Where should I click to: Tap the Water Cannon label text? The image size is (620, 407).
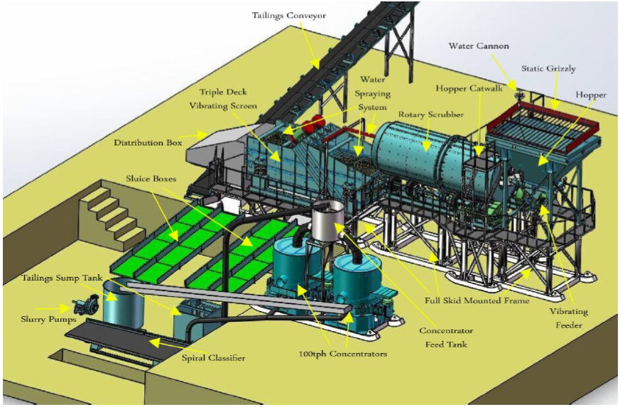click(x=479, y=46)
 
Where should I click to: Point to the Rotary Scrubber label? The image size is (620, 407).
click(x=431, y=114)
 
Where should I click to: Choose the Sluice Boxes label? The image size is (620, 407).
click(x=153, y=178)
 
